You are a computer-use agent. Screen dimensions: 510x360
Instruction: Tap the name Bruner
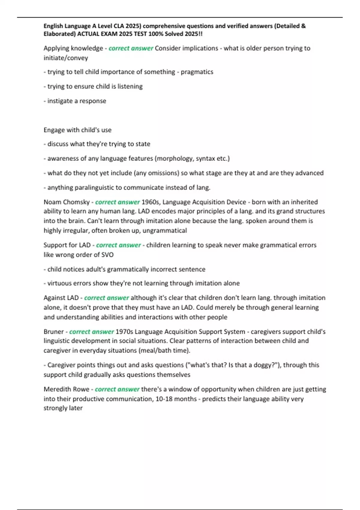point(54,332)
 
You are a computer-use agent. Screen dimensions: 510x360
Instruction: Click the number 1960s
point(151,202)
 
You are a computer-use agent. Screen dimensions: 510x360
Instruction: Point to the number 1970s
point(124,332)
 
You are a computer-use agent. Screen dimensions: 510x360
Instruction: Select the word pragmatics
point(197,72)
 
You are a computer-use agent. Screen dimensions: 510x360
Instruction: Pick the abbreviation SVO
point(107,255)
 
